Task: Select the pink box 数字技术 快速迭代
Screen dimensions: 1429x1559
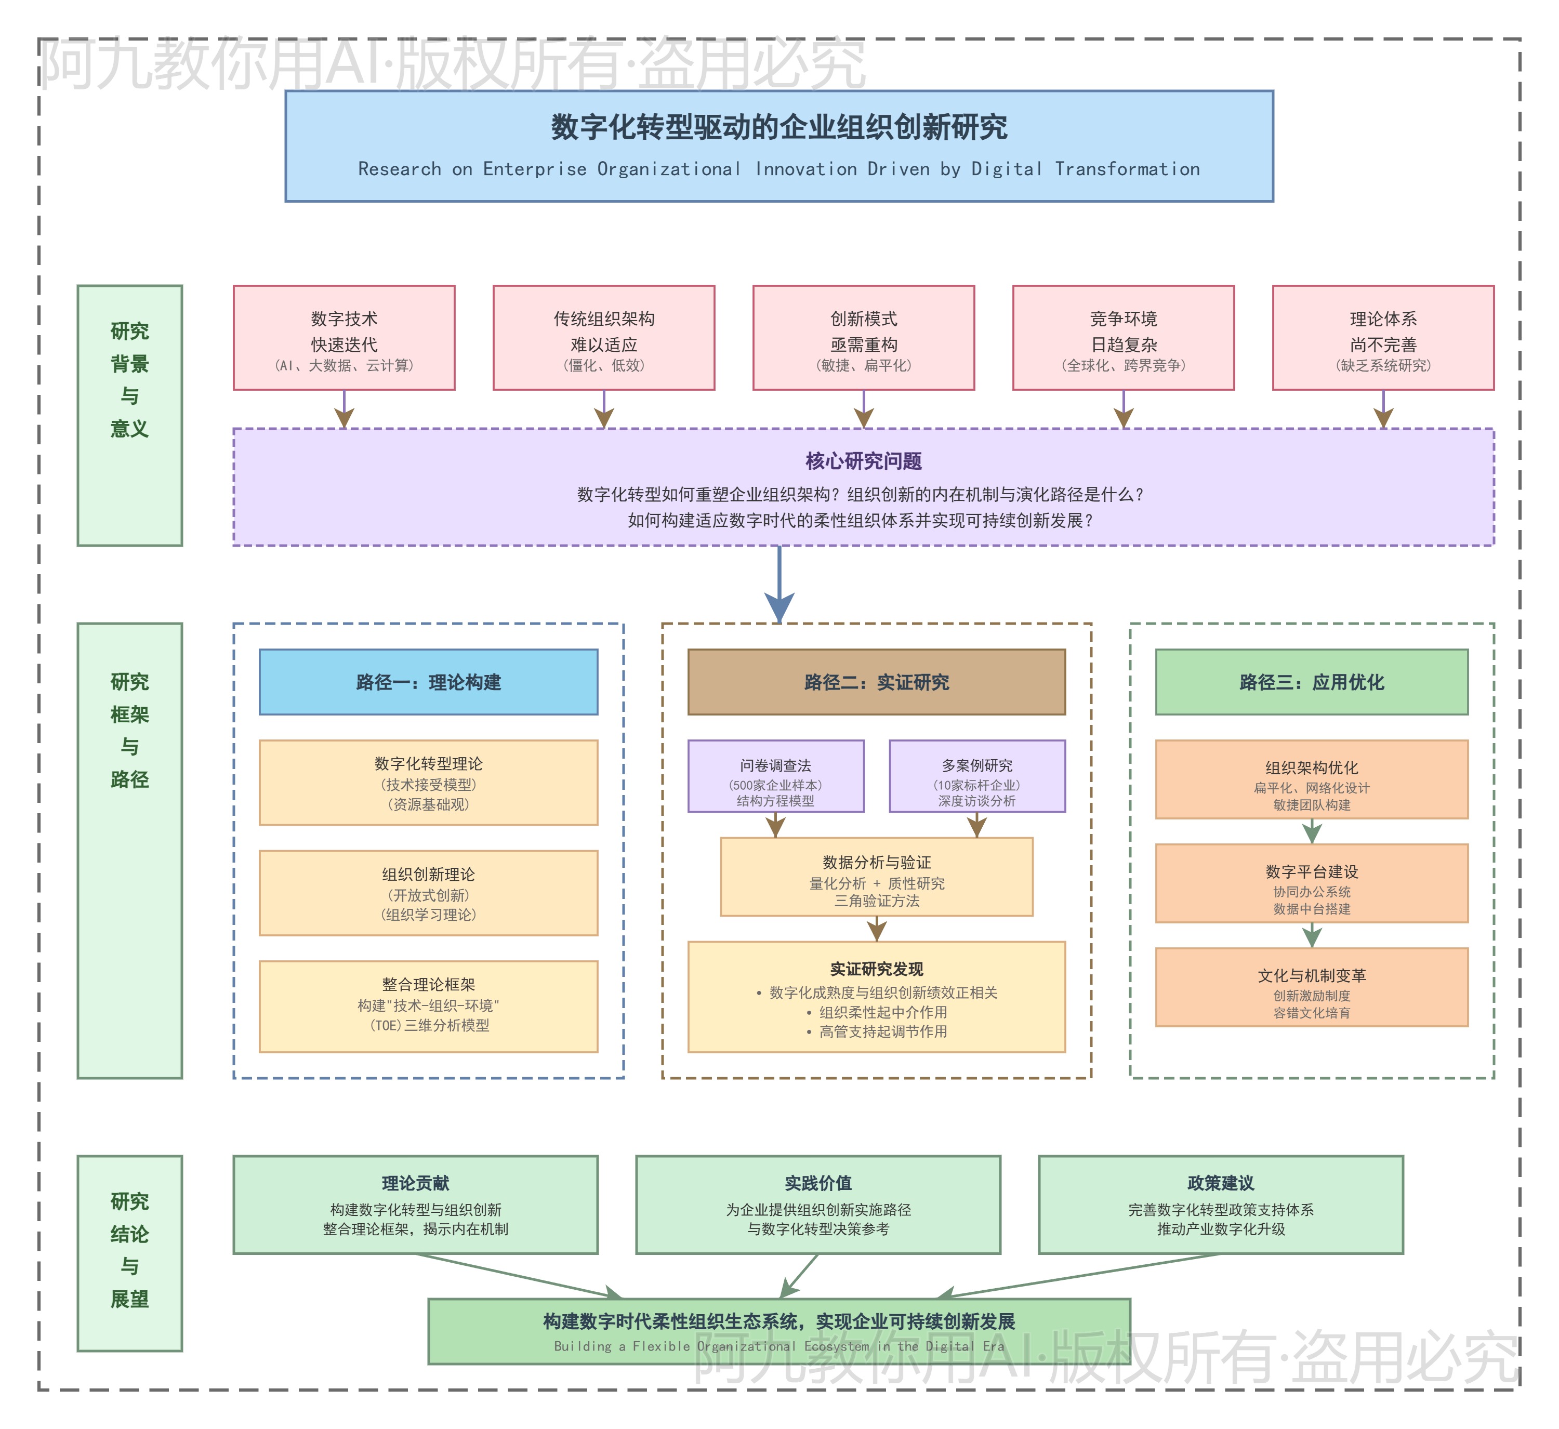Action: coord(344,338)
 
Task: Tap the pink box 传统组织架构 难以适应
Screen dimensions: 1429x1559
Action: coord(604,338)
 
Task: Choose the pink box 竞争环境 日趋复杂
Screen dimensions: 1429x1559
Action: coord(1123,338)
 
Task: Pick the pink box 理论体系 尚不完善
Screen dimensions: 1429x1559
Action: coord(1383,338)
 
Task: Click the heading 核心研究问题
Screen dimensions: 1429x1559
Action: coord(863,461)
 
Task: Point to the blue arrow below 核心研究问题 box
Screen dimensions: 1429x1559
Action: coord(780,588)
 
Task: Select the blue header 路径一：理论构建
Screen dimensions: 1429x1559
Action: coord(428,682)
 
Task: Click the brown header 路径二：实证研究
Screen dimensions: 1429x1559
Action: coord(876,682)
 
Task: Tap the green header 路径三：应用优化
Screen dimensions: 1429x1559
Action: coord(1312,682)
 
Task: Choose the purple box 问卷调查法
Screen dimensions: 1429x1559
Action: coord(776,776)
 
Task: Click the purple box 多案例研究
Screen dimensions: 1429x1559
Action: coord(976,776)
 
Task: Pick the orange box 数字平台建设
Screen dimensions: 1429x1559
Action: coord(1312,883)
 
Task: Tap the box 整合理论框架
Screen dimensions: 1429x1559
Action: coord(428,1006)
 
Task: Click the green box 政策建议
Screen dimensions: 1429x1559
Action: coord(1220,1205)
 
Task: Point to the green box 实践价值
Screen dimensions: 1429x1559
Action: coord(818,1205)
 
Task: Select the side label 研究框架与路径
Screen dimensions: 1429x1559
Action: coord(130,731)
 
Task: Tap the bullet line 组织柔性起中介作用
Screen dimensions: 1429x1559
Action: coord(882,1012)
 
